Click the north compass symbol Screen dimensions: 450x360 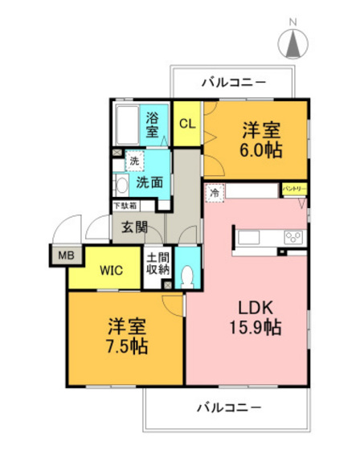pyautogui.click(x=292, y=40)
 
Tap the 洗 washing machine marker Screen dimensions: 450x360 pyautogui.click(x=135, y=162)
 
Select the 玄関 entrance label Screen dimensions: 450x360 pyautogui.click(x=134, y=227)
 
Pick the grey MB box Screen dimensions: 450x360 pyautogui.click(x=63, y=257)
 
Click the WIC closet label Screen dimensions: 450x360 pyautogui.click(x=110, y=271)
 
